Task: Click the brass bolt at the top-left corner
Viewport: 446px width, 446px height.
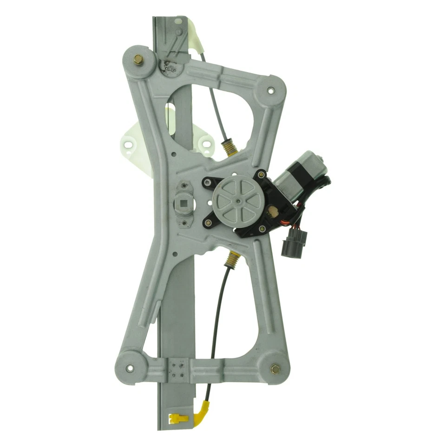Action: point(138,59)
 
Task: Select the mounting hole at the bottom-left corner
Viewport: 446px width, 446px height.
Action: point(129,369)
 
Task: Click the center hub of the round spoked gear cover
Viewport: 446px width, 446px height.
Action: point(238,201)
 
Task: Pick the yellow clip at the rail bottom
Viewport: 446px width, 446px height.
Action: point(178,418)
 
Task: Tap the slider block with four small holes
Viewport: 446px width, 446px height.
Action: point(178,369)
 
